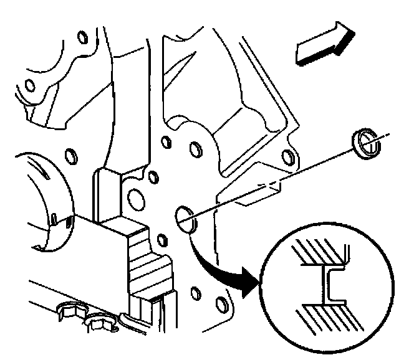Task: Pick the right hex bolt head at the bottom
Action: [x=98, y=323]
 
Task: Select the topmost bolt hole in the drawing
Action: [x=81, y=37]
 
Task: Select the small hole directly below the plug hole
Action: [x=161, y=240]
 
